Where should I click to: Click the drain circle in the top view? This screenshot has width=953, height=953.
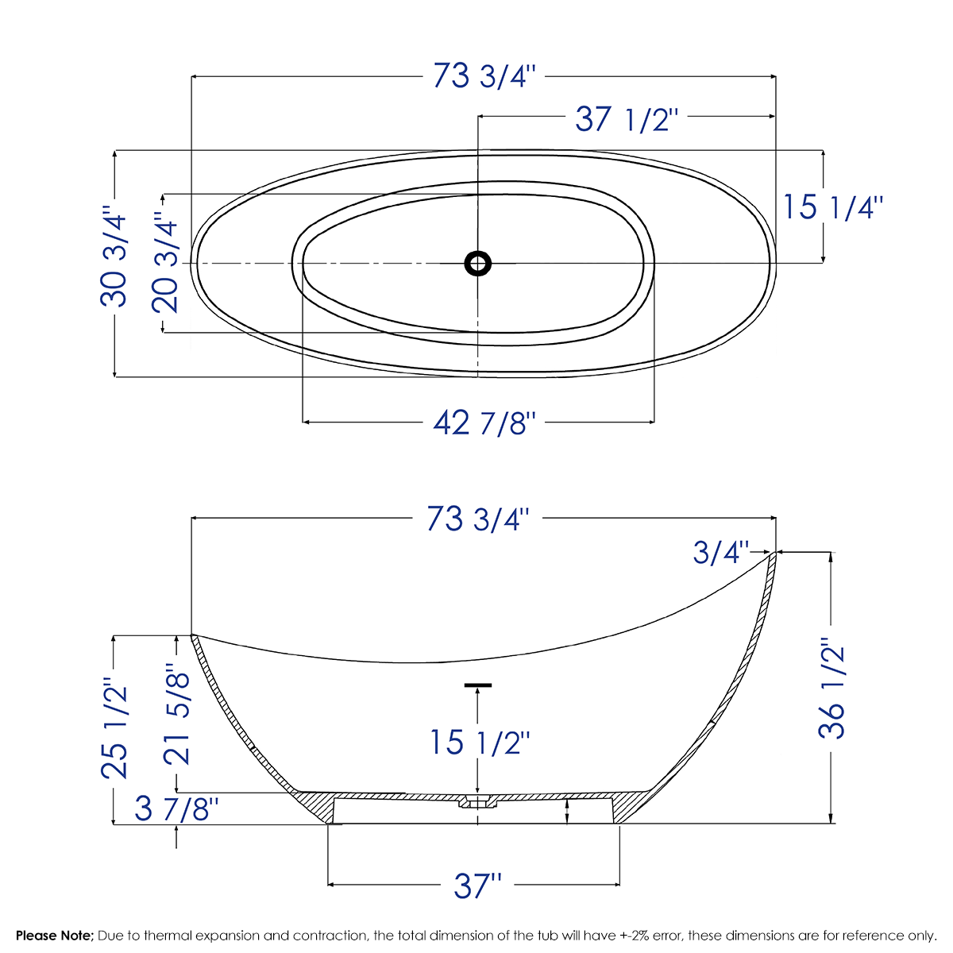(477, 263)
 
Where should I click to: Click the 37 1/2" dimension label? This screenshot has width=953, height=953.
(627, 120)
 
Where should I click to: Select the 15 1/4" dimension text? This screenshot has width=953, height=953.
(833, 207)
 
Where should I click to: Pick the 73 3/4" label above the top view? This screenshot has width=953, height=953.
(485, 77)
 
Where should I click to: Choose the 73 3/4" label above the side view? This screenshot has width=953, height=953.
(477, 519)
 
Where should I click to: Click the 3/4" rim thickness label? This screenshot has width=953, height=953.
(720, 552)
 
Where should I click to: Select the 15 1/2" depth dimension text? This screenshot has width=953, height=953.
(479, 743)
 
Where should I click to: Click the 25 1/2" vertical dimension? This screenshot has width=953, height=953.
(114, 727)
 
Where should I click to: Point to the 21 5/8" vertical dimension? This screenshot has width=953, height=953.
(177, 715)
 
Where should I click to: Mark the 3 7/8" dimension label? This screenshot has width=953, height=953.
(176, 810)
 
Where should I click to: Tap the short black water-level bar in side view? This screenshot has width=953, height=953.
(477, 685)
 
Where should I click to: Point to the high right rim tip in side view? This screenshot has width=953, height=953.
(774, 554)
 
